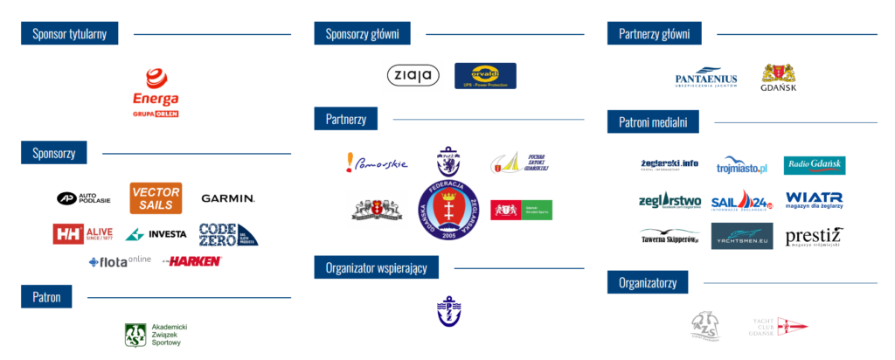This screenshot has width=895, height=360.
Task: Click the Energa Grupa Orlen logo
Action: (x=155, y=93)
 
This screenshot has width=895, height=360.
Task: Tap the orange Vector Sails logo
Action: (x=156, y=197)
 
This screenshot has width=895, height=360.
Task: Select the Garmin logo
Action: (x=228, y=198)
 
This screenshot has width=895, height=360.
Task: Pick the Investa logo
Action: (x=156, y=234)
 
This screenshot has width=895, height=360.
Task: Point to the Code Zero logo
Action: (x=228, y=233)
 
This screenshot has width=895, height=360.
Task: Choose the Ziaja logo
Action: (x=413, y=75)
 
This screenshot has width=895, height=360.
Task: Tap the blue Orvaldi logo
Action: (x=485, y=75)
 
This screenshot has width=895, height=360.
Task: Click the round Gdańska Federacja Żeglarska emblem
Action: (x=448, y=211)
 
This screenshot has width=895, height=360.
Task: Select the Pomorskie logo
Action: (x=377, y=163)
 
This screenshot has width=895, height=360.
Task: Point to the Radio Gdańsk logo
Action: (x=814, y=165)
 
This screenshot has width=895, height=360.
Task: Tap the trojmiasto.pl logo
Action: (x=741, y=165)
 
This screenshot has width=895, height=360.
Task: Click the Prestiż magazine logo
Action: (x=814, y=236)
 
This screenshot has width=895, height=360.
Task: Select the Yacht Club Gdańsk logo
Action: (x=780, y=325)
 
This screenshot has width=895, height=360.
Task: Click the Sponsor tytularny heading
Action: (x=70, y=34)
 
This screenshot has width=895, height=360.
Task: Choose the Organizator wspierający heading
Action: (x=376, y=267)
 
